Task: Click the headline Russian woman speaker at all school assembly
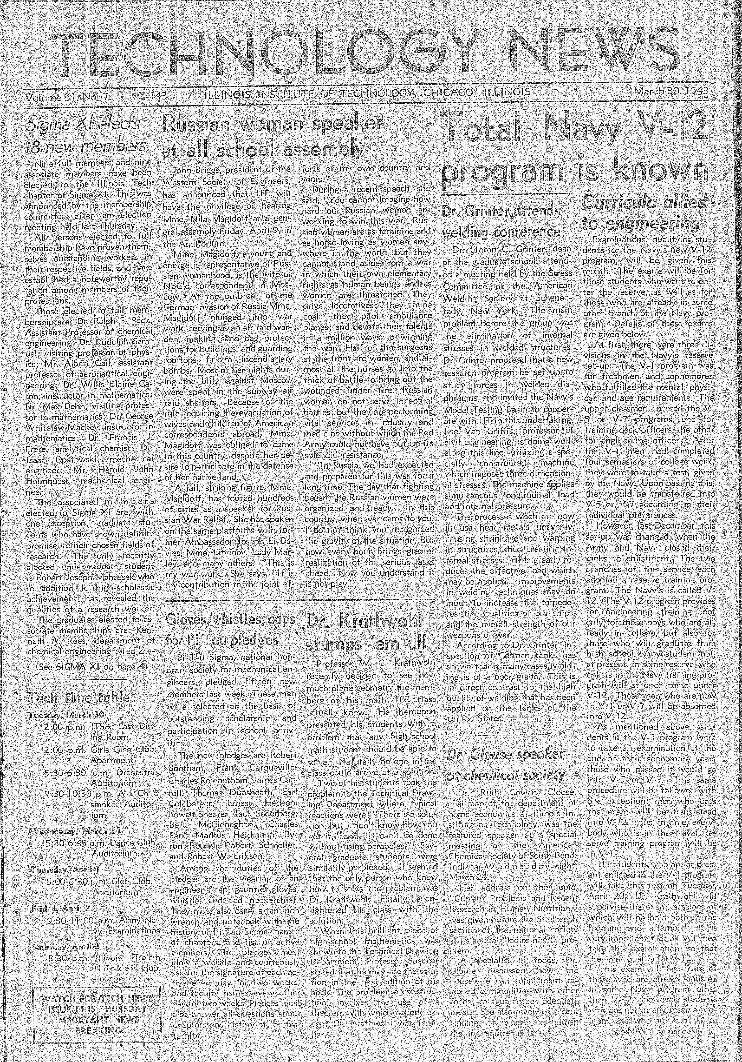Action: click(273, 136)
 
